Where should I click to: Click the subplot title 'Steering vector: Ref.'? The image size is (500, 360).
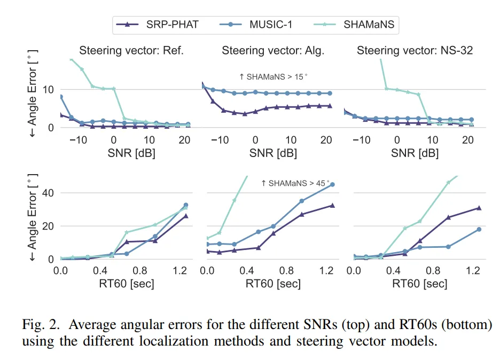[x=131, y=51]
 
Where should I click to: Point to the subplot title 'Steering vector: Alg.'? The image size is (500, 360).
[x=273, y=51]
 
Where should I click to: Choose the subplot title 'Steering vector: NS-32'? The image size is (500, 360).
[x=415, y=51]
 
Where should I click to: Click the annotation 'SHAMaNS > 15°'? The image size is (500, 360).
[x=274, y=77]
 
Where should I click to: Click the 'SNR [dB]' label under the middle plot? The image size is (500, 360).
[x=274, y=153]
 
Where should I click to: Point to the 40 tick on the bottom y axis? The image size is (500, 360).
[x=48, y=193]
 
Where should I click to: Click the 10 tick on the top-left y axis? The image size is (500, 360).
[x=48, y=89]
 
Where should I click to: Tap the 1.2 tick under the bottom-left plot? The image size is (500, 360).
[x=178, y=271]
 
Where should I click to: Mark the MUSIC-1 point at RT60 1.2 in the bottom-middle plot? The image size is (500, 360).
[x=332, y=184]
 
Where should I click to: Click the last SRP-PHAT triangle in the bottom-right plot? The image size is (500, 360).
[x=479, y=208]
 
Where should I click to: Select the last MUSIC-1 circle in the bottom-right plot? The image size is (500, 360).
[x=479, y=229]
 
